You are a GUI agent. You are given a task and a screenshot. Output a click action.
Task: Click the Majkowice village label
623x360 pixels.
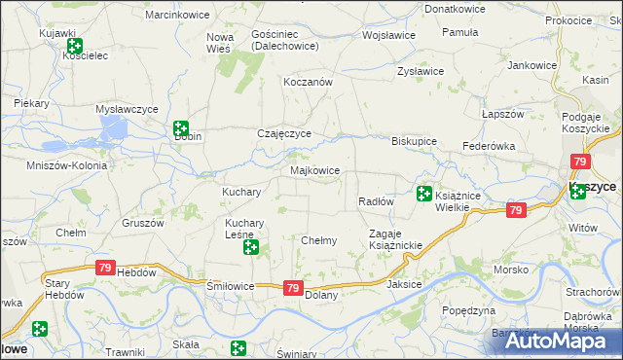315,170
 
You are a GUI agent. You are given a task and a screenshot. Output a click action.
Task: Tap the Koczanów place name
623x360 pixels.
308,83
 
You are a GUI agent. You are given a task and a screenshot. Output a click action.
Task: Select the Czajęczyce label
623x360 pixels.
283,133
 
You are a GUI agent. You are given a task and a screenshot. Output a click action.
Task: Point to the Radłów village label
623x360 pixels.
375,201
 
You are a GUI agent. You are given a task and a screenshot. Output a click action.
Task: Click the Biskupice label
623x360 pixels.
414,139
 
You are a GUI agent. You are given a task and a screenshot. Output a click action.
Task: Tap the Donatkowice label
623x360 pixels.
454,8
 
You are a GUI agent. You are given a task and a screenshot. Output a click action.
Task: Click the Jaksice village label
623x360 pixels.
404,285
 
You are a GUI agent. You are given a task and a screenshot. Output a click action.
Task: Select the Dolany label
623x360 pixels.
321,294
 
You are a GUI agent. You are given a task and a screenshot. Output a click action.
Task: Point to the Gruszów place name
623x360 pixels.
141,222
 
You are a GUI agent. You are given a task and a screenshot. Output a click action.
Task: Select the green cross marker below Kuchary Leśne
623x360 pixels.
250,248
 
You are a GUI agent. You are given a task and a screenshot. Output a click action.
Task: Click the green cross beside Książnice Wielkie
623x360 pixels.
423,194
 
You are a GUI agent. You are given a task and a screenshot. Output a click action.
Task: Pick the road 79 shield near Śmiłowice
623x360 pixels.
293,287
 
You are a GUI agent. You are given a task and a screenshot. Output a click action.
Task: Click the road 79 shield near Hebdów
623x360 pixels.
105,267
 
